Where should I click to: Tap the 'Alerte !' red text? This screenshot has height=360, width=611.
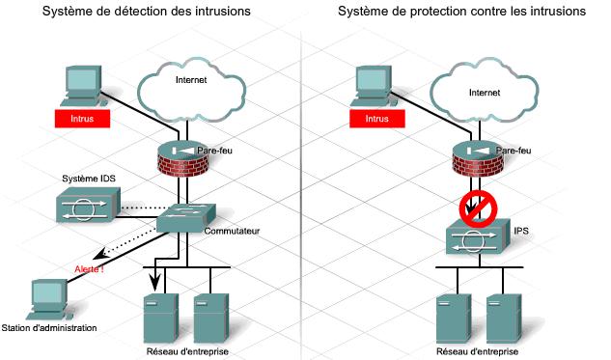pyautogui.click(x=90, y=268)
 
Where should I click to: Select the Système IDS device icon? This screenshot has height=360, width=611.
pyautogui.click(x=86, y=204)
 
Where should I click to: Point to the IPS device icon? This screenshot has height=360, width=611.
pyautogui.click(x=474, y=237)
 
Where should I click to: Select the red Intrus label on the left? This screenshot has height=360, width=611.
pyautogui.click(x=82, y=120)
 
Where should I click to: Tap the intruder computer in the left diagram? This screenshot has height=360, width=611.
pyautogui.click(x=80, y=86)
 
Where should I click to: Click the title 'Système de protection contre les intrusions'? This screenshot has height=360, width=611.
pyautogui.click(x=461, y=12)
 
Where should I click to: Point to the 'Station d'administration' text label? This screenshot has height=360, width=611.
pyautogui.click(x=49, y=329)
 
